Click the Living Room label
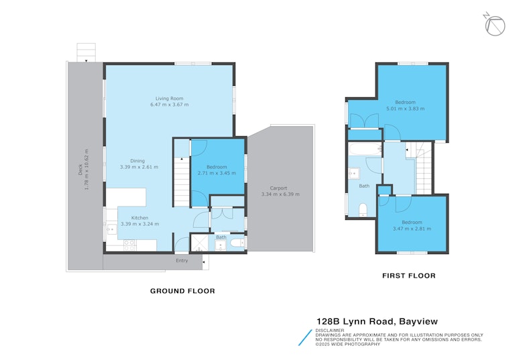170,98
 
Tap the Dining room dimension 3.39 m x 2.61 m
139,167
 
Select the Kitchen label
139,218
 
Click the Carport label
278,188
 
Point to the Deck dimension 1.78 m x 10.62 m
87,170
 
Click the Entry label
182,261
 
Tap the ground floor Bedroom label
217,167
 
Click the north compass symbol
494,25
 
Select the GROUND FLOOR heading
182,291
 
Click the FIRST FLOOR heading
409,276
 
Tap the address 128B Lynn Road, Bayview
377,321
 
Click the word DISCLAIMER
330,331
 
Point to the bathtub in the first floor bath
365,149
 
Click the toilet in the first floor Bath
363,210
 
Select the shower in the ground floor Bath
199,243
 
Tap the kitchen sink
112,229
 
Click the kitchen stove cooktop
129,245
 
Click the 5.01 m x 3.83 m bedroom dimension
405,109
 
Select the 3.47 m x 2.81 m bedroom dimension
412,229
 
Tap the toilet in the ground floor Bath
237,243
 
